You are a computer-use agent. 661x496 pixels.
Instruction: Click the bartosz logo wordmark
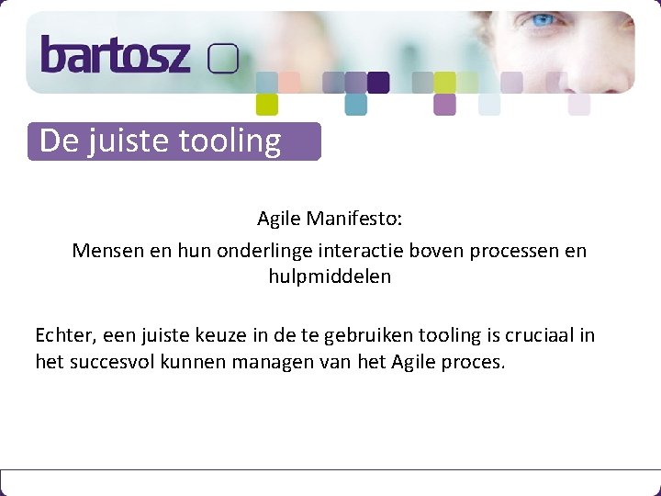(115, 55)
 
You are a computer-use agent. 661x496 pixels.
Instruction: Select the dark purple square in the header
(378, 83)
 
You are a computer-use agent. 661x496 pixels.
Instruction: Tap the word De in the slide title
(60, 141)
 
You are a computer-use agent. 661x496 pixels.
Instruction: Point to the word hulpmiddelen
(330, 276)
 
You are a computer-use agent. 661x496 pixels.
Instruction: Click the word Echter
(62, 335)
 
